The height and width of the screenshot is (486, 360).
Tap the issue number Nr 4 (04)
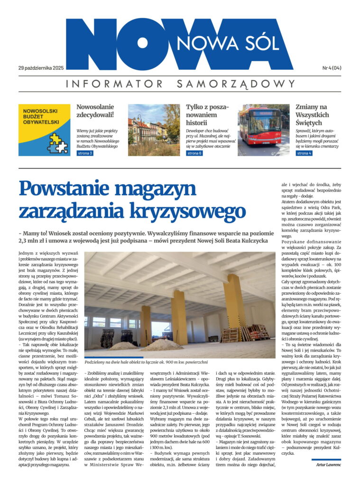tap(332, 68)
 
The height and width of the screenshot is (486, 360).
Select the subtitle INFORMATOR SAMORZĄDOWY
tap(180, 84)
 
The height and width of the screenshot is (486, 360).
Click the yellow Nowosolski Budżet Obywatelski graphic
tap(44, 130)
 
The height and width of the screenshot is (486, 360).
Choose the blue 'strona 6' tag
tap(194, 153)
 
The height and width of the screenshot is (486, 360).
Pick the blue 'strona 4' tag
tap(304, 153)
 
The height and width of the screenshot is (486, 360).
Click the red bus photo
tap(263, 130)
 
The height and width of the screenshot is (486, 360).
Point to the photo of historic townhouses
tap(154, 130)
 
